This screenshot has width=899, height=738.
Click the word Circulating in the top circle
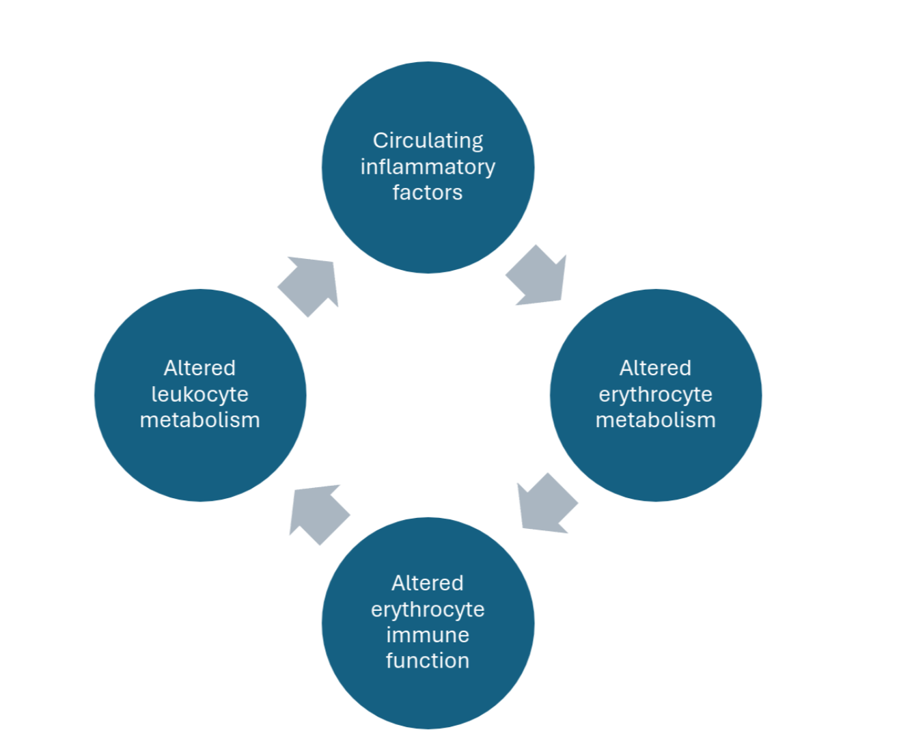pyautogui.click(x=428, y=141)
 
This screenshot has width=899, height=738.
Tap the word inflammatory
pyautogui.click(x=428, y=167)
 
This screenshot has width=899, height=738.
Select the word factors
pyautogui.click(x=428, y=193)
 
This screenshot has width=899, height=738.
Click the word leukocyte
pyautogui.click(x=199, y=394)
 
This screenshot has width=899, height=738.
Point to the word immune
pyautogui.click(x=428, y=635)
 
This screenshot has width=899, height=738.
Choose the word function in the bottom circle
pyautogui.click(x=428, y=661)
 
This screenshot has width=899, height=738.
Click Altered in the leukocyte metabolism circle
pyautogui.click(x=199, y=368)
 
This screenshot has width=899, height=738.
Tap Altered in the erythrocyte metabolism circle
pyautogui.click(x=655, y=368)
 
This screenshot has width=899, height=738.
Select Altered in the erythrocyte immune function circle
pyautogui.click(x=428, y=583)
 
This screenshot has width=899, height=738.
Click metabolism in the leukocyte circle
pyautogui.click(x=199, y=420)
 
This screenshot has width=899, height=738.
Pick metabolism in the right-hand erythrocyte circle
pyautogui.click(x=655, y=420)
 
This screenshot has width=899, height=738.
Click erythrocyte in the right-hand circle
pyautogui.click(x=655, y=394)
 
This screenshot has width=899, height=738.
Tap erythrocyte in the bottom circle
pyautogui.click(x=428, y=609)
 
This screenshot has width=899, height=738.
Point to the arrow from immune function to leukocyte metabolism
pyautogui.click(x=318, y=513)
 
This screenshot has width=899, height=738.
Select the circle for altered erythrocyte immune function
pyautogui.click(x=428, y=697)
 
